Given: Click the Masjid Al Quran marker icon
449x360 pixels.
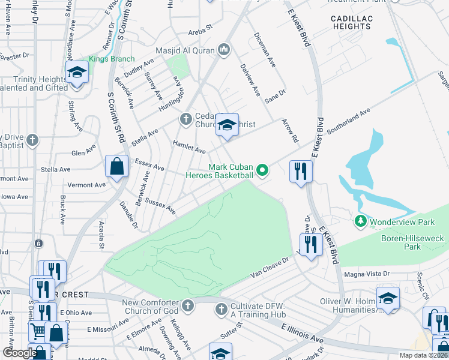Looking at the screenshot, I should click(x=224, y=49).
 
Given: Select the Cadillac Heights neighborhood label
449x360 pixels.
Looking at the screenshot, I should click(x=352, y=22).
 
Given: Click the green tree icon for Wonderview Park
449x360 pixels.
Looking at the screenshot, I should click(x=360, y=221).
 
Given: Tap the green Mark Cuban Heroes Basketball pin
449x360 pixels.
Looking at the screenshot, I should click(x=262, y=171).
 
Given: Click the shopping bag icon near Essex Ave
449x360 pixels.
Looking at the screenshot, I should click(x=116, y=167).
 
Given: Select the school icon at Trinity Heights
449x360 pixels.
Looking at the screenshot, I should click(x=77, y=74).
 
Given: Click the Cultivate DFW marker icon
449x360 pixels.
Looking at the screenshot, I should click(x=221, y=309).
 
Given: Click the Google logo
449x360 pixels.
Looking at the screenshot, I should click(x=19, y=353).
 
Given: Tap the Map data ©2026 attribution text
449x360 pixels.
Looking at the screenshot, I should click(x=423, y=355).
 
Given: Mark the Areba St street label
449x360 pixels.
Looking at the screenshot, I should click(x=200, y=28).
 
